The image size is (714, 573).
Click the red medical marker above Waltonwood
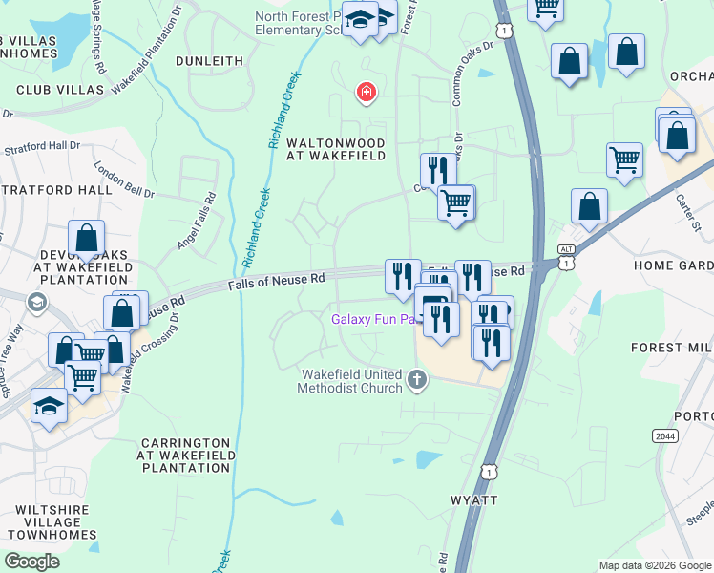(365, 93)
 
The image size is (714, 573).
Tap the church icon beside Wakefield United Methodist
(416, 381)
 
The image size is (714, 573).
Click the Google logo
(31, 562)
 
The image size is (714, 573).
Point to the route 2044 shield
(665, 435)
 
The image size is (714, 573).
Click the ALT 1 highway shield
(567, 257)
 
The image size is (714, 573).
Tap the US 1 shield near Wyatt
(490, 472)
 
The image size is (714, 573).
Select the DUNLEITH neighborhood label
(210, 60)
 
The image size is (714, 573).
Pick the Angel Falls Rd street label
(197, 222)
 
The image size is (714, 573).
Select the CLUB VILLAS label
(60, 89)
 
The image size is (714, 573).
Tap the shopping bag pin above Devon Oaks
(86, 240)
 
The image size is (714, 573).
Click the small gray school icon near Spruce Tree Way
(37, 304)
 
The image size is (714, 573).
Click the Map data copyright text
(654, 565)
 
